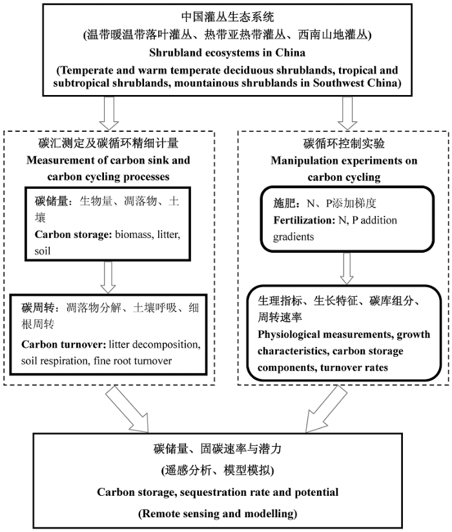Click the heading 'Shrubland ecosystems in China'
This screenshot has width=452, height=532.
227,53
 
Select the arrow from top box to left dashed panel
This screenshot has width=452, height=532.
109,113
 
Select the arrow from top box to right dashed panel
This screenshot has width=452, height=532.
347,113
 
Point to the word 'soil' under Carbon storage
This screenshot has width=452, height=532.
43,251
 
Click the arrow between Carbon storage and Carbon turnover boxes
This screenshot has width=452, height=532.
108,277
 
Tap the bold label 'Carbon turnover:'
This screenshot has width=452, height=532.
64,345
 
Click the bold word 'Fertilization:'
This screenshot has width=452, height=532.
304,220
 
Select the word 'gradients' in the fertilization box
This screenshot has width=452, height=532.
293,237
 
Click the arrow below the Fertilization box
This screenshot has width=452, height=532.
347,268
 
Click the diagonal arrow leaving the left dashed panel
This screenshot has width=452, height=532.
128,410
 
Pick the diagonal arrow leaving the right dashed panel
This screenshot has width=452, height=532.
326,409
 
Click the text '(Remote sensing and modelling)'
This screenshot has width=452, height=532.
218,514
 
